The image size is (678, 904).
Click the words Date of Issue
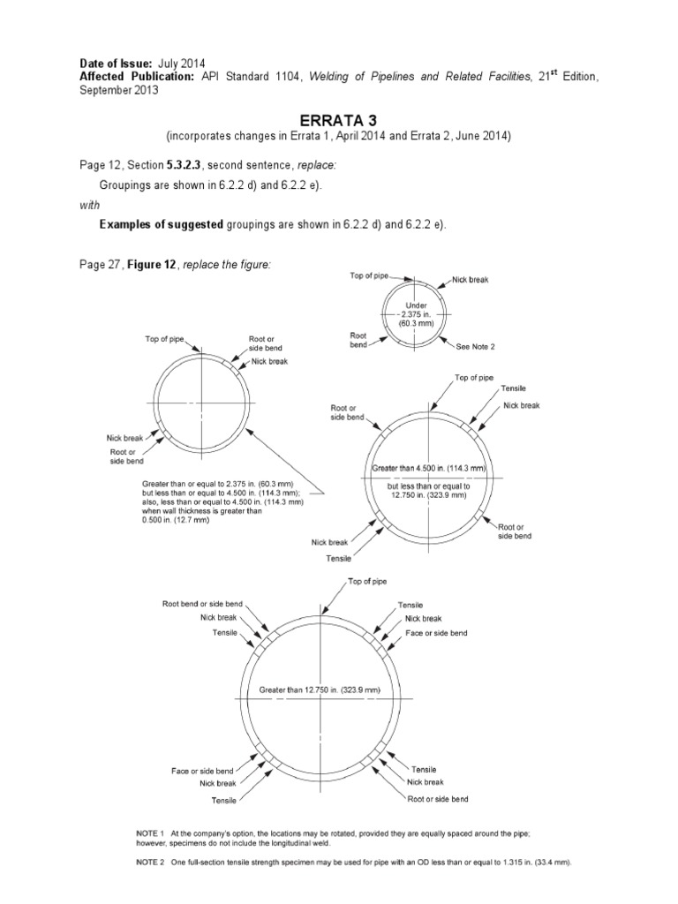[x=116, y=64]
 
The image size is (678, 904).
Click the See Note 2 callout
[x=477, y=347]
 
